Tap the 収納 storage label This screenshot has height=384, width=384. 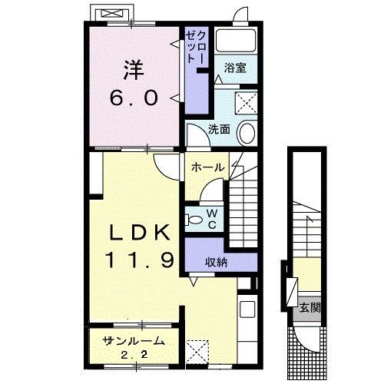(216, 261)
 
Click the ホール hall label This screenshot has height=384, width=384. (207, 167)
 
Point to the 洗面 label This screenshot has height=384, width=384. (219, 129)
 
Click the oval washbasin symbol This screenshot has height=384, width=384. (247, 133)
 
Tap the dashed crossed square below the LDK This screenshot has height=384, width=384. (197, 351)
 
